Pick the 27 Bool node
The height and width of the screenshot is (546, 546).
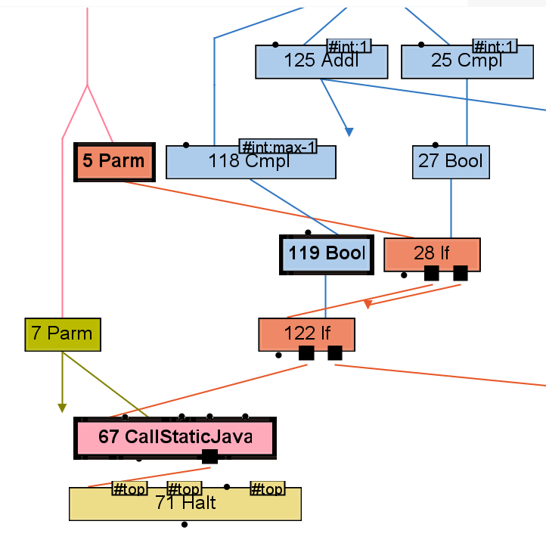451,162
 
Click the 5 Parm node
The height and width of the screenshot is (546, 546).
114,162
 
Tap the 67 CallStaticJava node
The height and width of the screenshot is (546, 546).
175,438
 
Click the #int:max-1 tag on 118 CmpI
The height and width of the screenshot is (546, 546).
278,147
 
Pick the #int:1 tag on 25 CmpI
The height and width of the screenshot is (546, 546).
495,47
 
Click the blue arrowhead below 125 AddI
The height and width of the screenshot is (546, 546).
349,132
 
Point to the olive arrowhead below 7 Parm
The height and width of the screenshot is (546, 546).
62,408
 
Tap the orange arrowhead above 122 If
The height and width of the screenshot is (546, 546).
368,304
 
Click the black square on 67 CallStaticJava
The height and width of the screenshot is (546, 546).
210,456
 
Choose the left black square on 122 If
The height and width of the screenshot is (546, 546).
306,353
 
